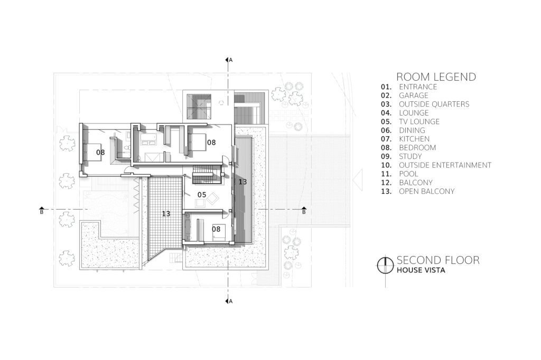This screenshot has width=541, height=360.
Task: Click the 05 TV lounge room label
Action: (202, 195)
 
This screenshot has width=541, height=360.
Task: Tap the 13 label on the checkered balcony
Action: (166, 214)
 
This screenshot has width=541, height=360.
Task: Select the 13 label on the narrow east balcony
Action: (242, 182)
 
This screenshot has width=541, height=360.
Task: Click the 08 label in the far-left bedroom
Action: (100, 152)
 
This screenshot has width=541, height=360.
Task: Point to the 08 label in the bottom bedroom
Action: (216, 229)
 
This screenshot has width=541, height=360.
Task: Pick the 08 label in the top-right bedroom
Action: (211, 142)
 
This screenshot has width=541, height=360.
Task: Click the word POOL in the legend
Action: (408, 174)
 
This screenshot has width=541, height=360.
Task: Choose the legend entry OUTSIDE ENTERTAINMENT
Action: (445, 165)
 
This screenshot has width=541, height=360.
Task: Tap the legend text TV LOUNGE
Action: (419, 122)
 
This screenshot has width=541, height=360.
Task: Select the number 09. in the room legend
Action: (386, 157)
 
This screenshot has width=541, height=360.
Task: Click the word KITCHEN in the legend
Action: (414, 139)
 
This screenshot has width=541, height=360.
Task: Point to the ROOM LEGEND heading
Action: (436, 77)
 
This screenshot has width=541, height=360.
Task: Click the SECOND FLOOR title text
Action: (438, 260)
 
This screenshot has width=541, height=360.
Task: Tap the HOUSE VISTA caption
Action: (421, 270)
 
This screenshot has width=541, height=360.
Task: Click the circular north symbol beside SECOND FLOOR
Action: (385, 266)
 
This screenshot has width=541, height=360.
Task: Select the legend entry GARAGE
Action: (414, 96)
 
